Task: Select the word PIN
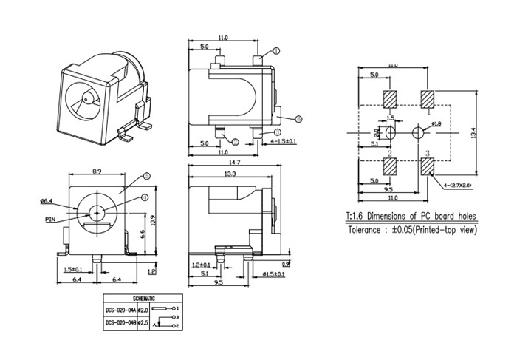pos(50,219)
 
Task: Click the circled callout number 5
pos(146,177)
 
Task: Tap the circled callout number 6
pos(298,118)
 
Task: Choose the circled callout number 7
pos(235,141)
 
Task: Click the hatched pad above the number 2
pos(391,166)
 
